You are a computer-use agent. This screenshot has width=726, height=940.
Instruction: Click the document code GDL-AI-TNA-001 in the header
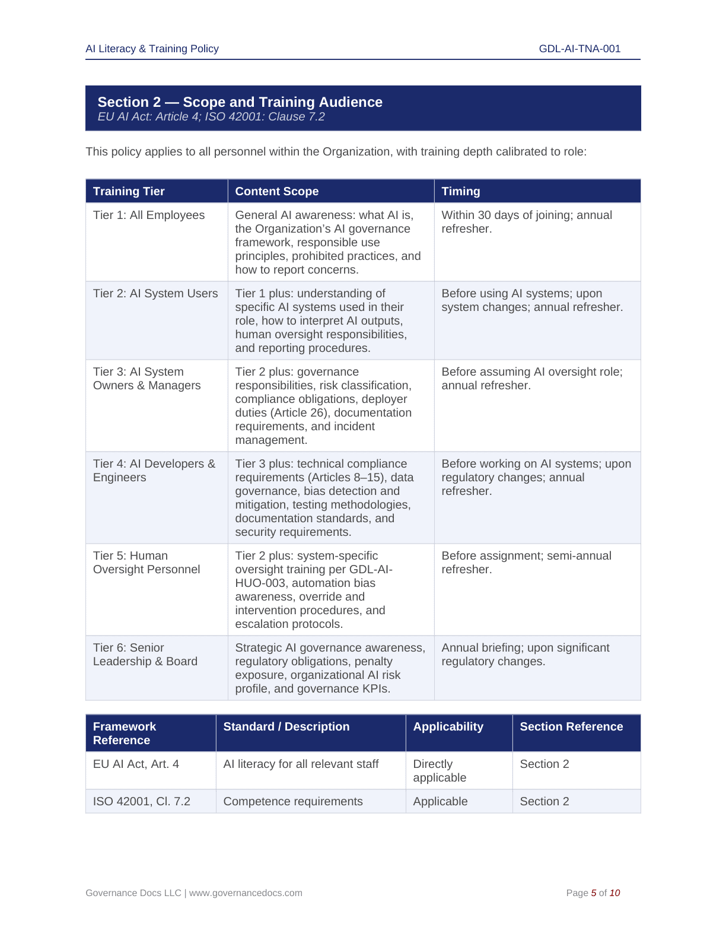(x=579, y=49)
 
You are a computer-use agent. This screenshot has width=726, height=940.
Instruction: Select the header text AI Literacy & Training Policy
(x=152, y=49)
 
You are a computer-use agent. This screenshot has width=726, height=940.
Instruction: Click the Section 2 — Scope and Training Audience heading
(x=240, y=102)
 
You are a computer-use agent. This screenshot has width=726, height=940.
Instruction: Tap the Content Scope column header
(x=276, y=191)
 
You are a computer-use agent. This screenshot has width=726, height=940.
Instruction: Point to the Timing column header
(x=460, y=191)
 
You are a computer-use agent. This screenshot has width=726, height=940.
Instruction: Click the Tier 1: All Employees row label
(x=148, y=215)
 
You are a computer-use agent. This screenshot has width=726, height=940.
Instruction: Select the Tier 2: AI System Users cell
(x=155, y=294)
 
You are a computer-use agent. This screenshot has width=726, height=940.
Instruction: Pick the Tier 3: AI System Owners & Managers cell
(x=147, y=379)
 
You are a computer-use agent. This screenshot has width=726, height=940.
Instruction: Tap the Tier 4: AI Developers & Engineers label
(x=154, y=471)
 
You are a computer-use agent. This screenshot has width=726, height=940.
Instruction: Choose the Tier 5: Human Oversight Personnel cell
(x=146, y=563)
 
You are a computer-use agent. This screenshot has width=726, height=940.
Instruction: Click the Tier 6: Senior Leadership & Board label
(x=145, y=655)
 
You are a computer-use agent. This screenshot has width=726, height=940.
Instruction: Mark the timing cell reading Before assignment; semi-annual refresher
(x=526, y=563)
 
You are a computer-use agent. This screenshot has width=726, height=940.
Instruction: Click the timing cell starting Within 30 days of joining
(x=526, y=222)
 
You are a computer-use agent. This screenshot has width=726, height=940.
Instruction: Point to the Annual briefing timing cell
(x=525, y=655)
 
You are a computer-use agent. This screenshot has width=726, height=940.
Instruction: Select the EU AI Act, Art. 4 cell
(x=136, y=764)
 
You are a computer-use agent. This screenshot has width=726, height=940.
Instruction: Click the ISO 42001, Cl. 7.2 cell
(x=141, y=802)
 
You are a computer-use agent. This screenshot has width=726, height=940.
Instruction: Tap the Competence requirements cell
(x=292, y=802)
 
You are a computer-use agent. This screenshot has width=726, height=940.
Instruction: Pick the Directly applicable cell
(x=440, y=771)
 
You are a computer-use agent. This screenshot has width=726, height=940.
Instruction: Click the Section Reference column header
(x=571, y=727)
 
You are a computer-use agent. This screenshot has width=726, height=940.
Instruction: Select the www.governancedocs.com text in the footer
(x=246, y=893)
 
